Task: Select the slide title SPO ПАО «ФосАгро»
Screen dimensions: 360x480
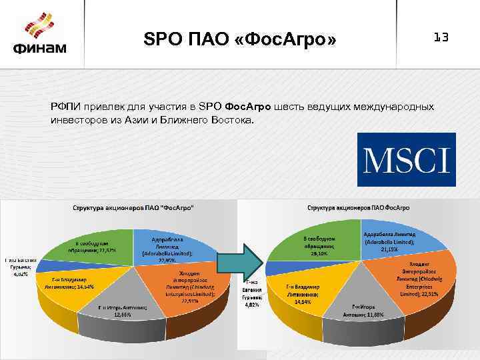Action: pyautogui.click(x=241, y=41)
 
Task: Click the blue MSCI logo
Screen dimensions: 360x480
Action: pyautogui.click(x=407, y=159)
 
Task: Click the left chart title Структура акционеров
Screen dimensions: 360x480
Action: pyautogui.click(x=133, y=209)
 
